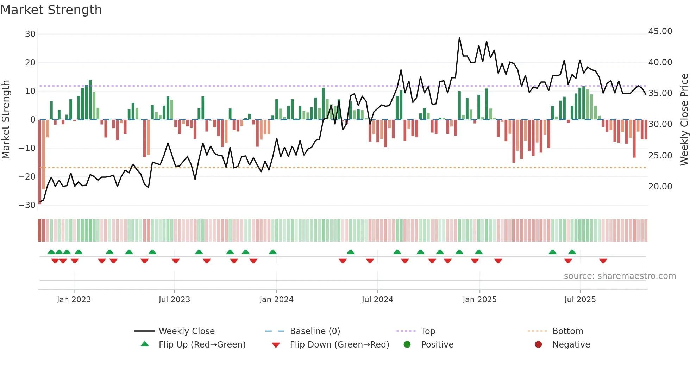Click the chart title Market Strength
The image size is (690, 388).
click(x=51, y=10)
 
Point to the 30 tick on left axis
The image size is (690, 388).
click(x=30, y=34)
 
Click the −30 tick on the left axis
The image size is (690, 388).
click(x=27, y=205)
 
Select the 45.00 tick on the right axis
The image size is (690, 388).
click(x=660, y=31)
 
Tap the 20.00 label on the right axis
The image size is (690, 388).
click(x=660, y=187)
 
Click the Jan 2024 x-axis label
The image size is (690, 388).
click(x=276, y=300)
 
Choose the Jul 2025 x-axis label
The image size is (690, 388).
click(x=580, y=300)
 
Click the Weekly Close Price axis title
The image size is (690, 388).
click(x=684, y=120)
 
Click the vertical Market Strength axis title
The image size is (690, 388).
click(x=6, y=120)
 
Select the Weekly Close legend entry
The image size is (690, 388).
click(x=186, y=331)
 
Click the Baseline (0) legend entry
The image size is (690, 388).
click(x=315, y=331)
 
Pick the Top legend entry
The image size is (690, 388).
click(x=428, y=331)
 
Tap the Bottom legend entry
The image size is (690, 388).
click(x=567, y=331)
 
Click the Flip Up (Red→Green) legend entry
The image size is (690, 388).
click(x=202, y=345)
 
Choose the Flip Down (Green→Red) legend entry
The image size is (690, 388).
click(x=339, y=345)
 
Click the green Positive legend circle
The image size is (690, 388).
click(x=407, y=345)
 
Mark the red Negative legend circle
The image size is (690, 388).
click(x=538, y=345)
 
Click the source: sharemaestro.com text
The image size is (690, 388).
click(x=620, y=276)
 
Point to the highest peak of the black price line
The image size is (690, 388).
click(x=459, y=38)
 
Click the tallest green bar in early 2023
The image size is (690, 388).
click(x=90, y=100)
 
